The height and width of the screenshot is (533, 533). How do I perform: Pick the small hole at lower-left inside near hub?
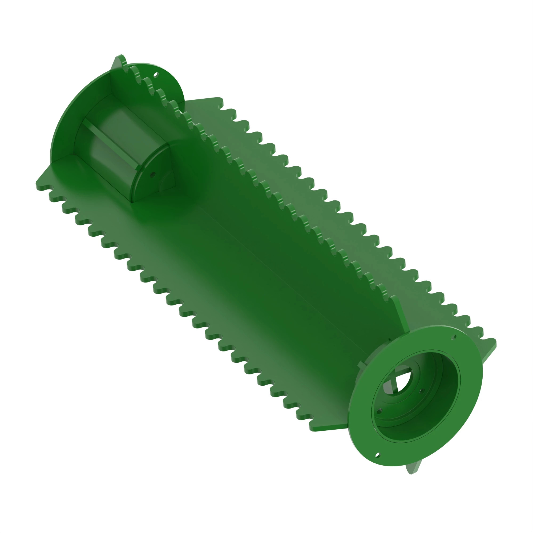tap(379, 411)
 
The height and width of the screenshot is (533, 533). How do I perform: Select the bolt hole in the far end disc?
tap(156, 75)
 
